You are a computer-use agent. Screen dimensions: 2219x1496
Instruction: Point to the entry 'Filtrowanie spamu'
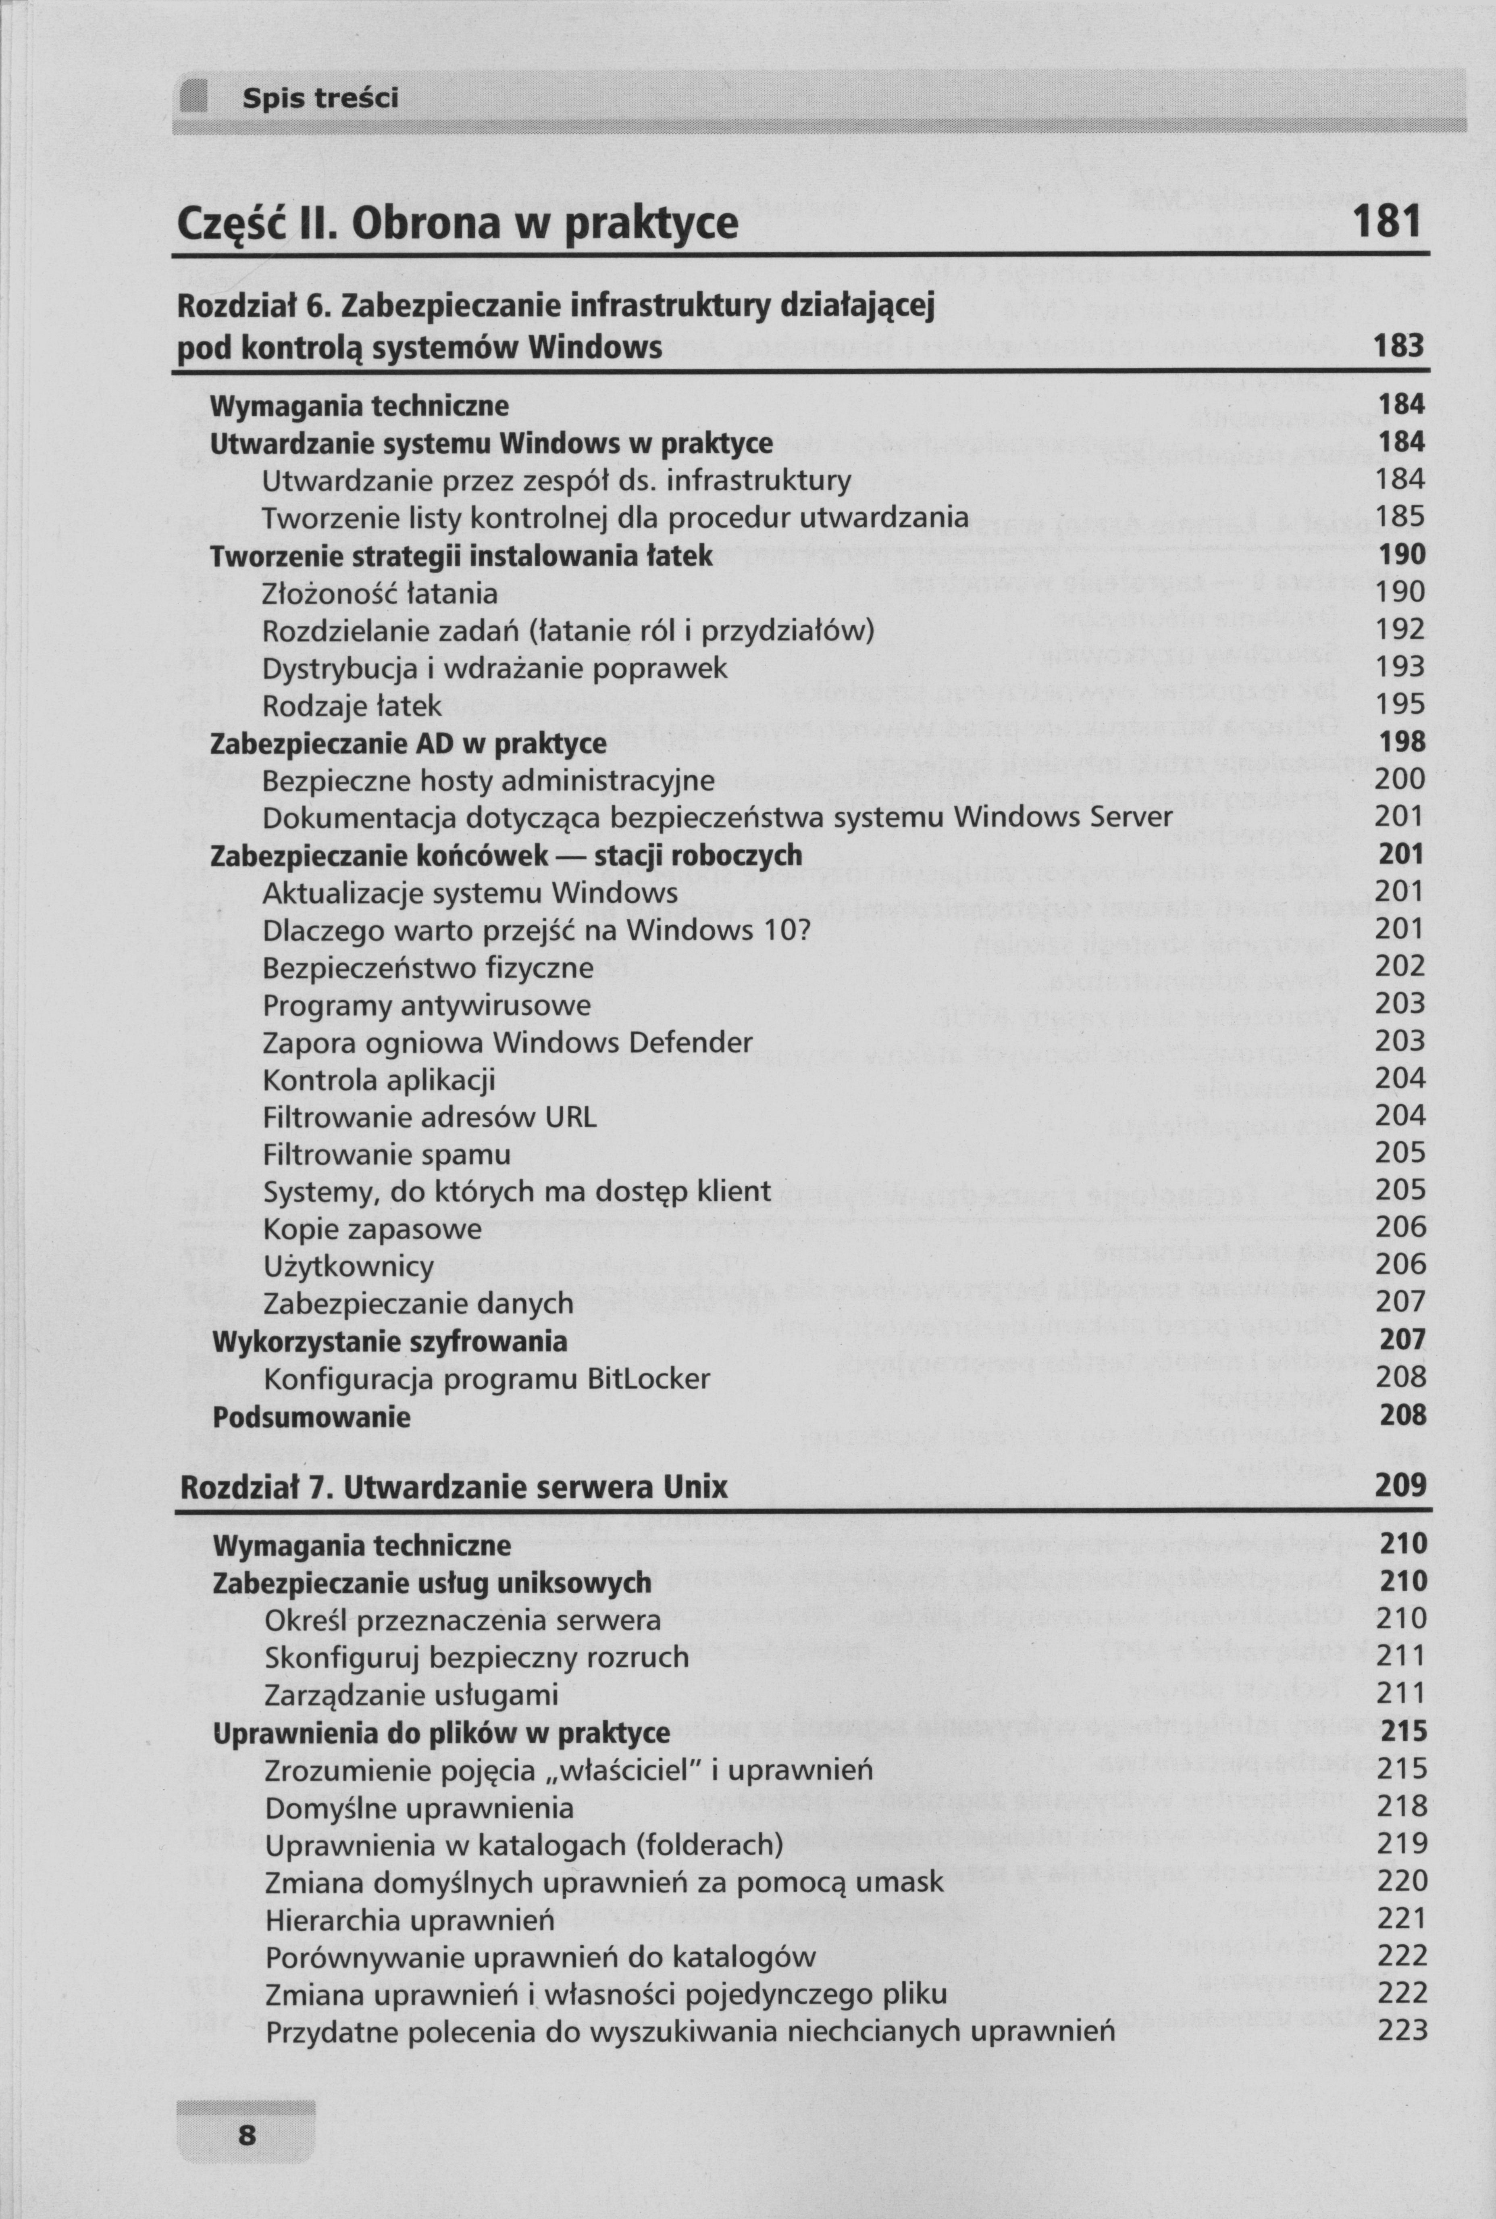(387, 1154)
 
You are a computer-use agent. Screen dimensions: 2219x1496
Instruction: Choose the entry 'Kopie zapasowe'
(372, 1229)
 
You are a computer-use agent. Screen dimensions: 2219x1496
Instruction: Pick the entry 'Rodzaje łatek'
(352, 706)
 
